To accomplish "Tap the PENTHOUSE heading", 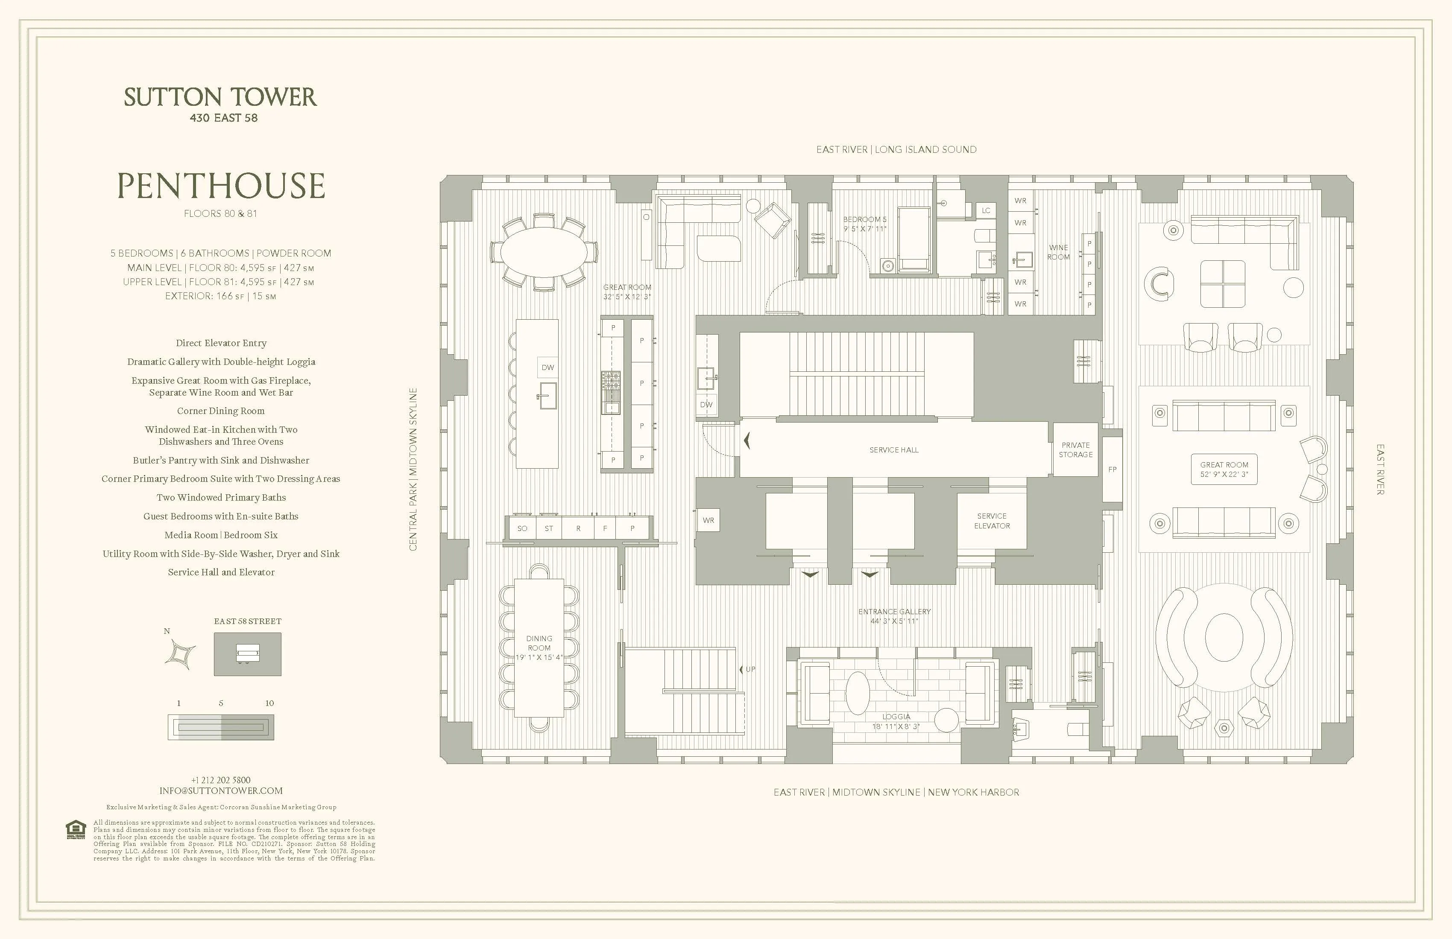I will tap(221, 186).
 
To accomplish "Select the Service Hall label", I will tap(894, 450).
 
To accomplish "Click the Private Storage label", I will tap(1076, 450).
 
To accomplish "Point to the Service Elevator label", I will tap(991, 521).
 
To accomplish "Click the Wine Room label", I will tap(1059, 252).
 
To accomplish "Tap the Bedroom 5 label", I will tap(864, 224).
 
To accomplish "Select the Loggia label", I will tap(896, 721).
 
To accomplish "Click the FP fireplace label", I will tap(1112, 469).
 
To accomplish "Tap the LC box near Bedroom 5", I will tap(986, 210).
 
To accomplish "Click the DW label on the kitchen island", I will tap(548, 367).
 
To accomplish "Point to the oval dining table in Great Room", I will tap(544, 252).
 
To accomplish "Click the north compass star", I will tap(181, 654).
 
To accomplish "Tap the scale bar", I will tap(221, 727).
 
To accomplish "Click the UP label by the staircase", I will tap(750, 669).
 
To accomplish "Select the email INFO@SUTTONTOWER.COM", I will tap(221, 791).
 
